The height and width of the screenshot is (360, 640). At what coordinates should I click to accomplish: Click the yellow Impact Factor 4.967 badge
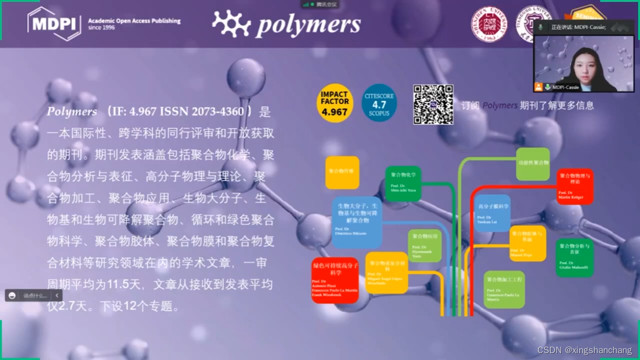click(334, 103)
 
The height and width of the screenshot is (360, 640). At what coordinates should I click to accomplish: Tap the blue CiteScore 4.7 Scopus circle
click(379, 103)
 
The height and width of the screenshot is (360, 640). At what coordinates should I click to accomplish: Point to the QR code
click(433, 104)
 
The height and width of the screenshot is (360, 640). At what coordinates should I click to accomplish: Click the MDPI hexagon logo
click(54, 24)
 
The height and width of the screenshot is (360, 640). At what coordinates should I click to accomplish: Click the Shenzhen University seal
click(488, 24)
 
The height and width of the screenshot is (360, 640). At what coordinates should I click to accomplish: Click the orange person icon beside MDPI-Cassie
click(538, 87)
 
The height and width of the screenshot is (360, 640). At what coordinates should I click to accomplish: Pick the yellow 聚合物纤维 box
click(342, 173)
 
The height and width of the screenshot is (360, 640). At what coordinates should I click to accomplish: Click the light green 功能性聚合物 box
click(533, 164)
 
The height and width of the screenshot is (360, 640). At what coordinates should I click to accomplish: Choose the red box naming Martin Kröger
click(575, 186)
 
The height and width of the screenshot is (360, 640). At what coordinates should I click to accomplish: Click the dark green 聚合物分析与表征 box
click(574, 257)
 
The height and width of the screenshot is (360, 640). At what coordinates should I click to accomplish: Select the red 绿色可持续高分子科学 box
click(335, 280)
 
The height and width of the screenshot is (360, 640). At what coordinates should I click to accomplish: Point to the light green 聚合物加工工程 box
click(504, 289)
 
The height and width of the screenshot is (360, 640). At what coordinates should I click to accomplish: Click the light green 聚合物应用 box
click(424, 245)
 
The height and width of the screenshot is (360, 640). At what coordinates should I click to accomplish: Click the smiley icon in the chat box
click(12, 295)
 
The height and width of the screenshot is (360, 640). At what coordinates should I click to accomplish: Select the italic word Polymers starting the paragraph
click(72, 112)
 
